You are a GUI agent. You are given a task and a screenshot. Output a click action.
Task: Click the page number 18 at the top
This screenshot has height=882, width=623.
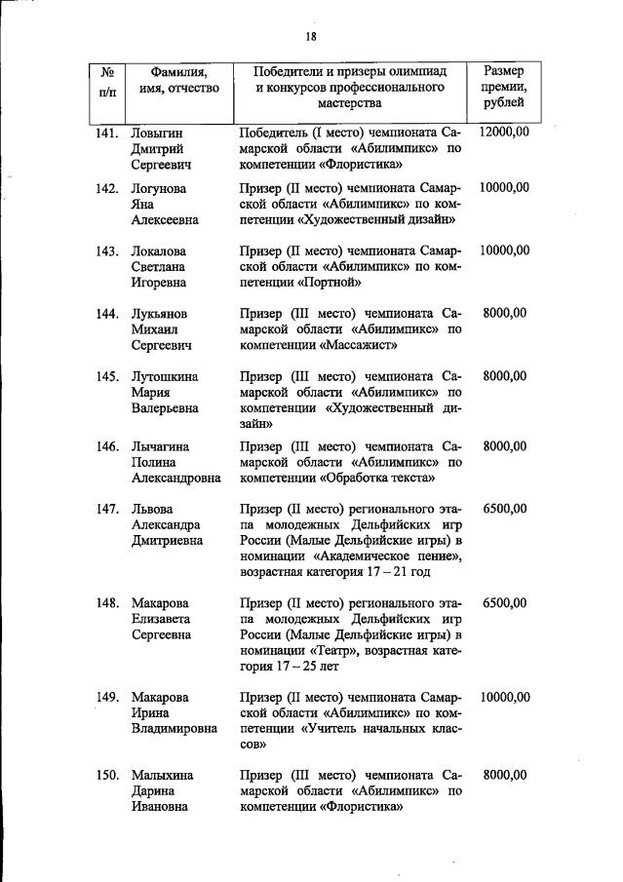311,37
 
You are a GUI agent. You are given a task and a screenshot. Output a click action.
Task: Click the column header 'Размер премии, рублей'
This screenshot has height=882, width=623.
504,87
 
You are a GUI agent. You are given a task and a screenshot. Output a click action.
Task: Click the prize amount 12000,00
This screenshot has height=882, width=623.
504,132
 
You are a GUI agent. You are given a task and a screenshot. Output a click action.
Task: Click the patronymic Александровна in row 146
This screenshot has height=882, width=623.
176,479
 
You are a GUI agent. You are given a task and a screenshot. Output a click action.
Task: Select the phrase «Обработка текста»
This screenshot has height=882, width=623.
376,479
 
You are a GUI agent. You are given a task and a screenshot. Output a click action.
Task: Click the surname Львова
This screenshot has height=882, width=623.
152,509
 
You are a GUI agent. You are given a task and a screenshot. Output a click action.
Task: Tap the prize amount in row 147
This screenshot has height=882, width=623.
504,509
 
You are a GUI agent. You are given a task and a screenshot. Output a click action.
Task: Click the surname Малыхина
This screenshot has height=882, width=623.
163,776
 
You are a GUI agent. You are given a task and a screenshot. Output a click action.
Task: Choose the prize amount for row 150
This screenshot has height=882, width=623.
504,776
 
